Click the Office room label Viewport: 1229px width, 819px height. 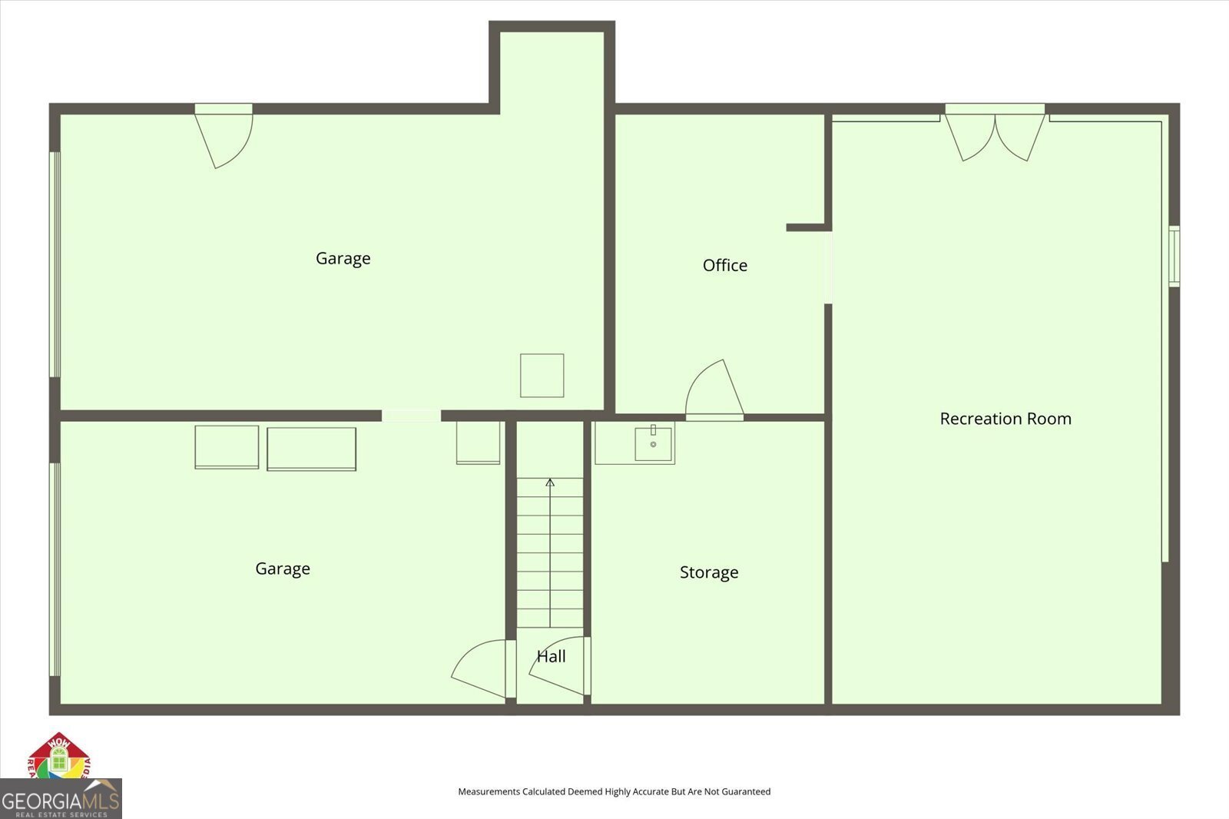pyautogui.click(x=724, y=265)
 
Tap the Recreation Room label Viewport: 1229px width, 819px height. pyautogui.click(x=1005, y=419)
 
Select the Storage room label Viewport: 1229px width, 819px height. pyautogui.click(x=708, y=572)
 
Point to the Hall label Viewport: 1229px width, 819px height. pyautogui.click(x=551, y=656)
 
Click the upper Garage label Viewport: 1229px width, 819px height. pyautogui.click(x=343, y=258)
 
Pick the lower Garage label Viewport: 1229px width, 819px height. pyautogui.click(x=282, y=569)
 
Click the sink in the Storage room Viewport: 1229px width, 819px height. pyautogui.click(x=653, y=444)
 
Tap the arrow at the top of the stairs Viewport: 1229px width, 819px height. pyautogui.click(x=550, y=483)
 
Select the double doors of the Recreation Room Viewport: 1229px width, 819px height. pyautogui.click(x=995, y=135)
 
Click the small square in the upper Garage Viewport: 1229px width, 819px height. pyautogui.click(x=542, y=376)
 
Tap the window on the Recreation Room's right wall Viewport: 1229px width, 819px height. pyautogui.click(x=1174, y=256)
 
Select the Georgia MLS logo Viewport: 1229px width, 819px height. pyautogui.click(x=60, y=799)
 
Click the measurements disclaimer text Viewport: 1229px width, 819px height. pyautogui.click(x=614, y=791)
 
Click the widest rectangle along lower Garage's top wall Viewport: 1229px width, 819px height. pyautogui.click(x=311, y=449)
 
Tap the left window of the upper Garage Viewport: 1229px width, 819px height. pyautogui.click(x=55, y=264)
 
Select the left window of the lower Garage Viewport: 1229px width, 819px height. pyautogui.click(x=55, y=569)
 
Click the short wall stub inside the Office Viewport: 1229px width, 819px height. pyautogui.click(x=806, y=227)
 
